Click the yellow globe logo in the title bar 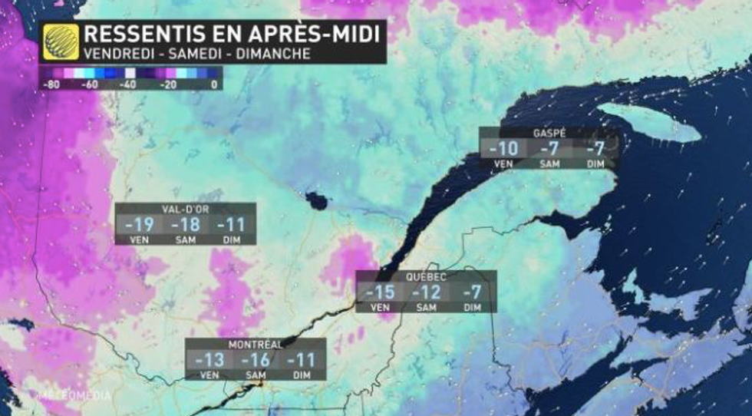pos(61,41)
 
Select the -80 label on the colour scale pos(51,85)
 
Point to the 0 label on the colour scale pos(214,85)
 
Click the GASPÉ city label pos(549,133)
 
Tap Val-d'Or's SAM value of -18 pos(185,225)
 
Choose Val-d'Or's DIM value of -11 pos(229,225)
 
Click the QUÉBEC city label pos(427,276)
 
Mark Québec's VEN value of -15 pos(380,292)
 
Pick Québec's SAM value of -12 pos(426,292)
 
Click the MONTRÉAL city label pos(256,344)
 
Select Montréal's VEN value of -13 pos(209,360)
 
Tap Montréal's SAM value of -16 pos(256,360)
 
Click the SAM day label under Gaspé pos(549,163)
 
